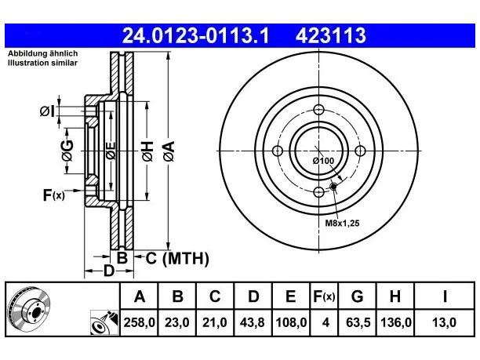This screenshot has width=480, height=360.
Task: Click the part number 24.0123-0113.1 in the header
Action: pos(195,35)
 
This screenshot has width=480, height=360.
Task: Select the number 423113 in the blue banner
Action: pos(331,35)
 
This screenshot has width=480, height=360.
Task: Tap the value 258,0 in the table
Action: pos(140,322)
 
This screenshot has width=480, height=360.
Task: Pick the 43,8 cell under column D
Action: pos(253,322)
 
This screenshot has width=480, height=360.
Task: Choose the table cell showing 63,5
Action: pos(358,322)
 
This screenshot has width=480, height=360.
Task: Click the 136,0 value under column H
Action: pos(395,322)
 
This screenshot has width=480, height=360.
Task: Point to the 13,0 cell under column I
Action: pos(444,322)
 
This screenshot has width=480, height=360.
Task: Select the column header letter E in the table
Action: pos(290,296)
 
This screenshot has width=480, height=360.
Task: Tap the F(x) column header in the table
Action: pos(324,296)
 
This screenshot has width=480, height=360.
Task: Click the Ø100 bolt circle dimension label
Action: pos(323,161)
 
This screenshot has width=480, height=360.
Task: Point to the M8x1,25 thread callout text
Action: pos(342,223)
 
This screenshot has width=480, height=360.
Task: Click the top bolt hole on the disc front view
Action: pos(319,109)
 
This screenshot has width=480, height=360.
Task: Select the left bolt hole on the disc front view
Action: pos(278,151)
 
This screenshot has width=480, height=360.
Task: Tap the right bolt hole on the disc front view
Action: pos(360,151)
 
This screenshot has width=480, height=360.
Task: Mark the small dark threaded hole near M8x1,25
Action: pos(333,186)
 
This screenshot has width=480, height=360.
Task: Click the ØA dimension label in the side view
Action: pos(169,151)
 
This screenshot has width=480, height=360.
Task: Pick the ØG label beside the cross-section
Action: pos(67,151)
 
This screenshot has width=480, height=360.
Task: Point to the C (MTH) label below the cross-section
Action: pos(177,258)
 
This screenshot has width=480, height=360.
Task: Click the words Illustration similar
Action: pos(42,63)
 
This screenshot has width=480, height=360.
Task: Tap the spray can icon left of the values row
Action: pos(104,322)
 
